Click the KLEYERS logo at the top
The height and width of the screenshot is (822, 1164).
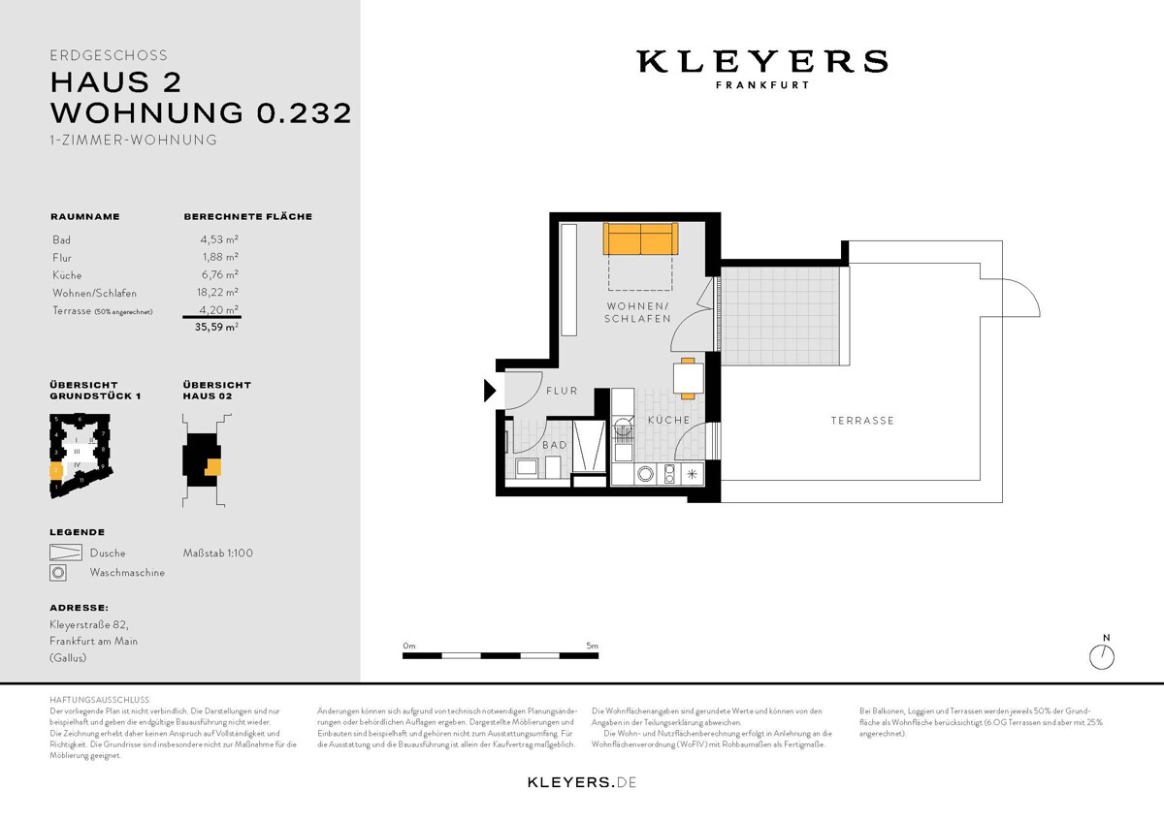coord(761,62)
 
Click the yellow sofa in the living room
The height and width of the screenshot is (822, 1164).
coord(639,238)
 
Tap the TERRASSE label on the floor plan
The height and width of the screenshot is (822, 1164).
coord(861,421)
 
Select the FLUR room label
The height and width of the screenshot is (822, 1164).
coord(562,392)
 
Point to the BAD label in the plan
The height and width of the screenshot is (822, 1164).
coord(554,445)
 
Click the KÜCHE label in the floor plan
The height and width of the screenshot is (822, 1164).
coord(668,420)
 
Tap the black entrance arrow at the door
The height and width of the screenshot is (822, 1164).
coord(490,391)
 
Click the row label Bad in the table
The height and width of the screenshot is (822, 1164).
coord(61,239)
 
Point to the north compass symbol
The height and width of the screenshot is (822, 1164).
coord(1102,656)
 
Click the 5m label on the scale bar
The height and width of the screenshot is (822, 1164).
coord(593,645)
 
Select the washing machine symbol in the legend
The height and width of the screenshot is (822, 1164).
coord(58,573)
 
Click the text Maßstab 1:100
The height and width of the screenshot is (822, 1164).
coord(217,553)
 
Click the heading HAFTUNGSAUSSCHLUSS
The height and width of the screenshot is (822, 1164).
coord(99,699)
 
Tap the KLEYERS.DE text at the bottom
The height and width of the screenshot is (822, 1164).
coord(581,781)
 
